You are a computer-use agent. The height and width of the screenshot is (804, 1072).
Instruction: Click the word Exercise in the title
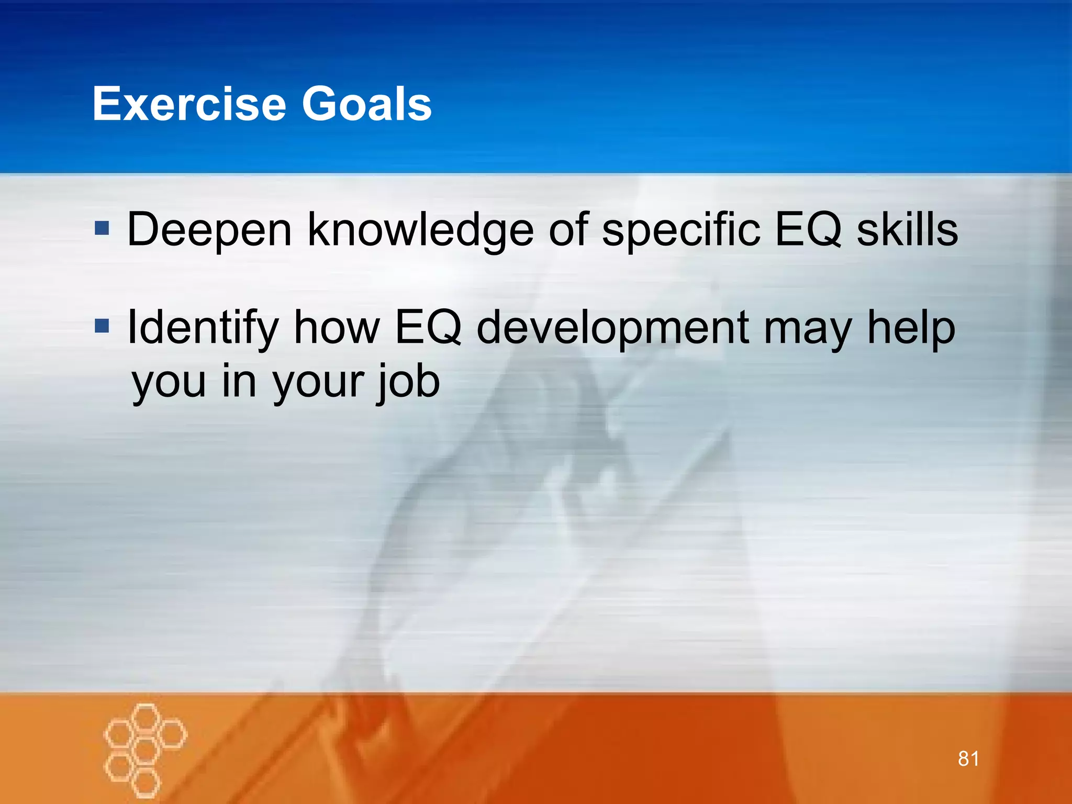pos(189,104)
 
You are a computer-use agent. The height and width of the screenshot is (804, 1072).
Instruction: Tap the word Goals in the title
pos(366,104)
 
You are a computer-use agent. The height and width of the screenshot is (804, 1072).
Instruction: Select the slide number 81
pos(968,758)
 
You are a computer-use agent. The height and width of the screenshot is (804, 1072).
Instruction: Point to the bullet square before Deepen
pos(102,228)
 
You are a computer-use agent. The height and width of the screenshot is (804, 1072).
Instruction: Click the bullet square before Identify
pos(102,326)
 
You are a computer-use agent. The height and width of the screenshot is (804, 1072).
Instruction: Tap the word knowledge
pos(420,230)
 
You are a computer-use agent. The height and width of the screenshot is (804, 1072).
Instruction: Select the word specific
pos(681,230)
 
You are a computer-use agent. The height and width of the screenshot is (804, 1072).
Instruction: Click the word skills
pos(907,230)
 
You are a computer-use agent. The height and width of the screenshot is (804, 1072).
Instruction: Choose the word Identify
pos(203,328)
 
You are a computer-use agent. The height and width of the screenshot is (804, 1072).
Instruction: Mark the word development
pos(613,328)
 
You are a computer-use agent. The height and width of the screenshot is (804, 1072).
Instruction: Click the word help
pos(911,328)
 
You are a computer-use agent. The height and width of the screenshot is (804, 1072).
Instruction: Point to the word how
pos(337,328)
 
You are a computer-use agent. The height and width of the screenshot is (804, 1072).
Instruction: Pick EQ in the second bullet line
pos(428,328)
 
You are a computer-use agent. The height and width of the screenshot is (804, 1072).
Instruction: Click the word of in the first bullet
pos(568,230)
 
